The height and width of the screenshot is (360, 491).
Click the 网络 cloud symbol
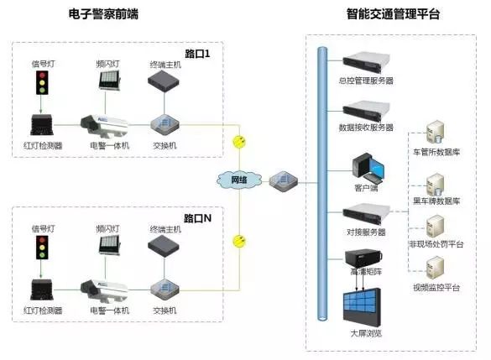(x=239, y=180)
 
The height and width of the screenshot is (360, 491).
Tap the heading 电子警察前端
(x=103, y=14)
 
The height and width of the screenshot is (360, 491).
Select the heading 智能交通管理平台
(x=393, y=14)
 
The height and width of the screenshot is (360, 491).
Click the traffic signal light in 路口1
(x=42, y=82)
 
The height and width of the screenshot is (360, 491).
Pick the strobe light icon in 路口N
(x=109, y=245)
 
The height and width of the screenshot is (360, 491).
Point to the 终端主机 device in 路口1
(x=164, y=81)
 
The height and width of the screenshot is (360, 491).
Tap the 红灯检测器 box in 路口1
(x=42, y=125)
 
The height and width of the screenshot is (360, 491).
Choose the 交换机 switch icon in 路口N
(x=165, y=290)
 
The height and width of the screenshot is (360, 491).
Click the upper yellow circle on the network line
(x=239, y=142)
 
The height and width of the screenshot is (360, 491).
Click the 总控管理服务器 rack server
(x=366, y=63)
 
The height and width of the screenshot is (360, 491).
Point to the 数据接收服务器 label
(x=366, y=128)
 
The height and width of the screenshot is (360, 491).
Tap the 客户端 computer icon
(x=368, y=168)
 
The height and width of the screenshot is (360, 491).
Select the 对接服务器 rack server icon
(x=366, y=215)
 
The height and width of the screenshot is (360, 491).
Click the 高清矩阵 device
(x=363, y=258)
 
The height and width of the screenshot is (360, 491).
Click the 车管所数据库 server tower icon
(x=436, y=133)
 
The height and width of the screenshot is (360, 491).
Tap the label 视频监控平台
(x=436, y=287)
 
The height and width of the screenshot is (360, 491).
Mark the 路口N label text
(x=197, y=218)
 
